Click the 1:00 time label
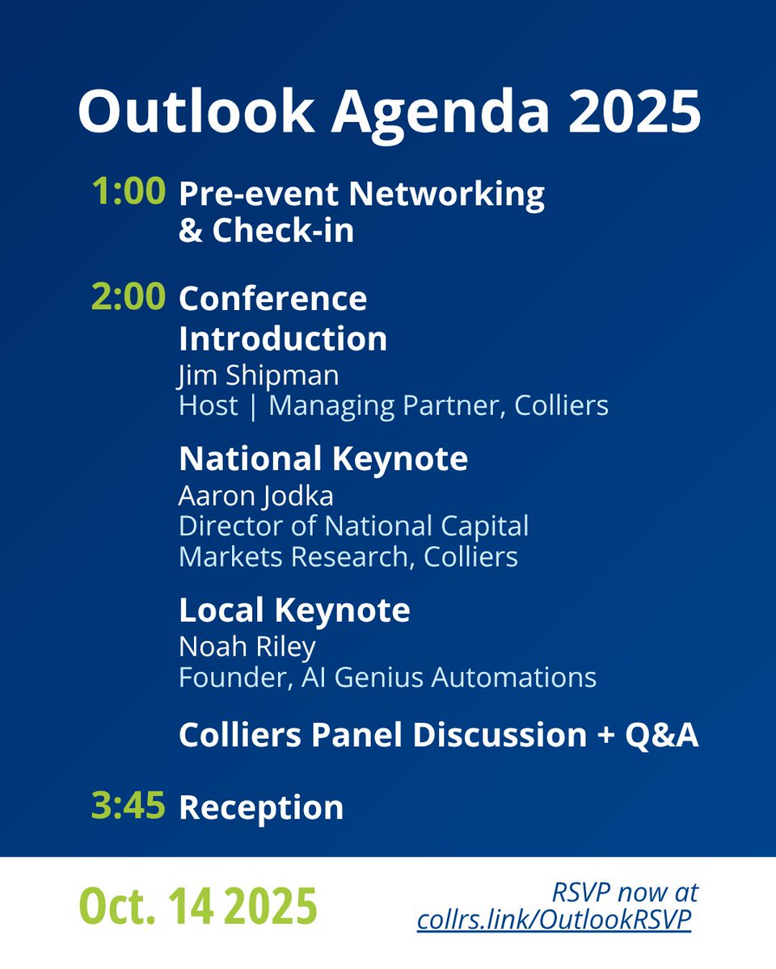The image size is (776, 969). tap(129, 193)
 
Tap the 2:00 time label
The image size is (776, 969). tap(129, 298)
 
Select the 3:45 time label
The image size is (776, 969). tap(129, 807)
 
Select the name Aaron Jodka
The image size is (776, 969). tap(256, 495)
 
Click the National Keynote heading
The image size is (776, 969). tap(323, 459)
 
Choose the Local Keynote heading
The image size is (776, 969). tap(294, 610)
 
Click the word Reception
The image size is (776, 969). tap(261, 807)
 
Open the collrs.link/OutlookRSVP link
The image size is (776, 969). tap(554, 921)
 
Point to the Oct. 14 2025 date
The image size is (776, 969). tap(198, 907)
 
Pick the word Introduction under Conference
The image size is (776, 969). tap(283, 338)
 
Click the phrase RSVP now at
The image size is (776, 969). tap(625, 893)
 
